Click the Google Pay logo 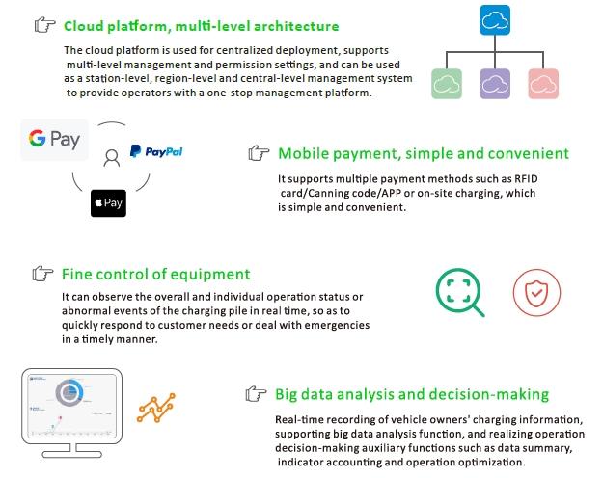point(53,140)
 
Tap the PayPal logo point(156,151)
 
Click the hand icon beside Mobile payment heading point(259,153)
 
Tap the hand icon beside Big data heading point(256,394)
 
